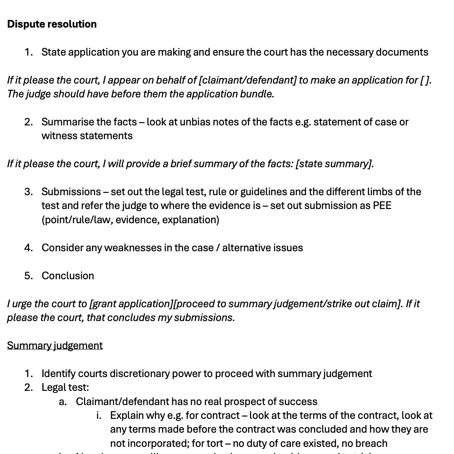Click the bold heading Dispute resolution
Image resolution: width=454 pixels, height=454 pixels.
(x=52, y=24)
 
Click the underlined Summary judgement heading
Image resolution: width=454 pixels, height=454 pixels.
(x=55, y=346)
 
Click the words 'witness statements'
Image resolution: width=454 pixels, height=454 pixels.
(x=87, y=136)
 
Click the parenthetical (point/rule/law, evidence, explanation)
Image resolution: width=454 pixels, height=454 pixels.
(x=130, y=220)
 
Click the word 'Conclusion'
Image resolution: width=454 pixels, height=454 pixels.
(x=68, y=276)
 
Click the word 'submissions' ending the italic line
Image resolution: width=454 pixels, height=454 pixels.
(x=204, y=318)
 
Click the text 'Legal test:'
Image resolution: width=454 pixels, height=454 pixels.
(x=65, y=388)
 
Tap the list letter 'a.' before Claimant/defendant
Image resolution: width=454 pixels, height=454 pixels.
(x=63, y=402)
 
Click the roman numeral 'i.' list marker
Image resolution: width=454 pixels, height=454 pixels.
(x=99, y=416)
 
